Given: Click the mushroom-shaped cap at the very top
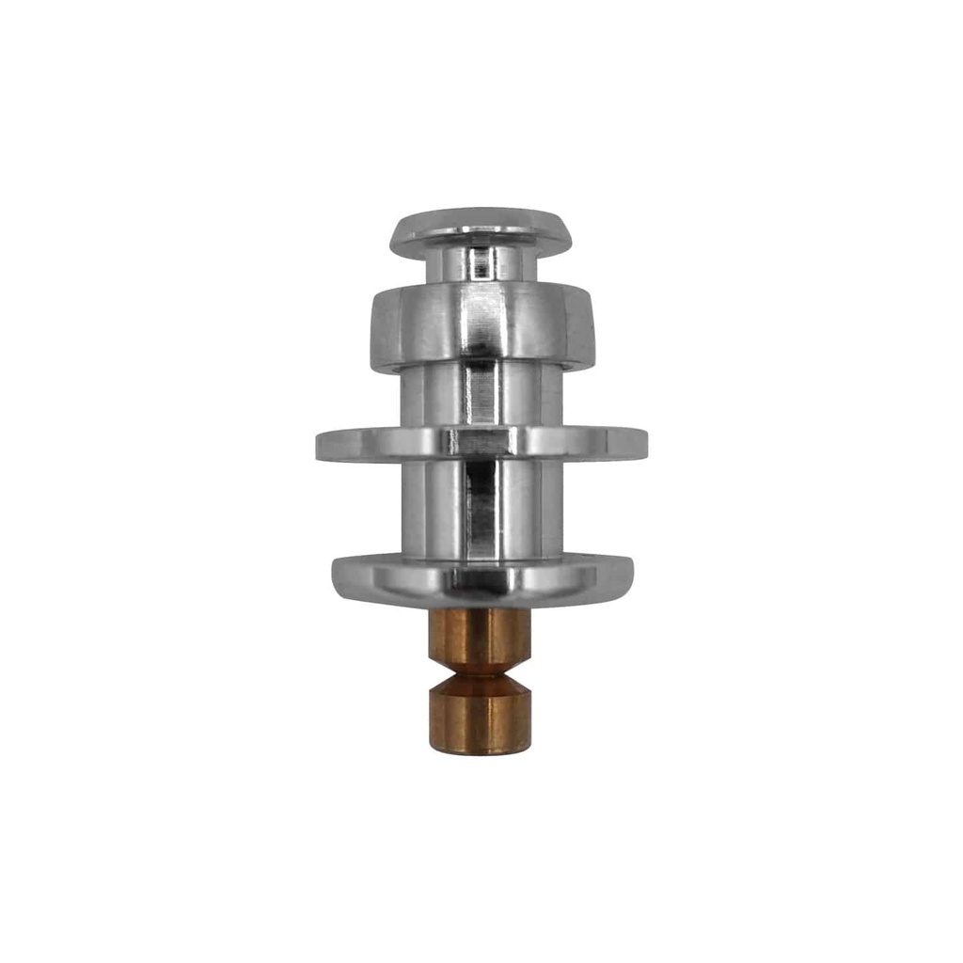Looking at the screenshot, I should (x=481, y=230).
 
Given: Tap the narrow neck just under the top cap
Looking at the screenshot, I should (x=481, y=265).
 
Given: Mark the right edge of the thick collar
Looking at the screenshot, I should (x=590, y=329).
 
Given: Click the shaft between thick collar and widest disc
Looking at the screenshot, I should (x=481, y=395).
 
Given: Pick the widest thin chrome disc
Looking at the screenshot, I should (x=481, y=442).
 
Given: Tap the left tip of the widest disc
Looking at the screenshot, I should (x=320, y=443).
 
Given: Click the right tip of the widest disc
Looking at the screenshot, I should (x=644, y=443).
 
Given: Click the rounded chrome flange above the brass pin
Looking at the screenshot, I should (x=481, y=578).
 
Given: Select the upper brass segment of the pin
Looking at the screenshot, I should (x=481, y=635).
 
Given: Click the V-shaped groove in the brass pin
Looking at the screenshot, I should (x=481, y=671).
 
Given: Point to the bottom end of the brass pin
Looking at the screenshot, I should (x=481, y=750).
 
